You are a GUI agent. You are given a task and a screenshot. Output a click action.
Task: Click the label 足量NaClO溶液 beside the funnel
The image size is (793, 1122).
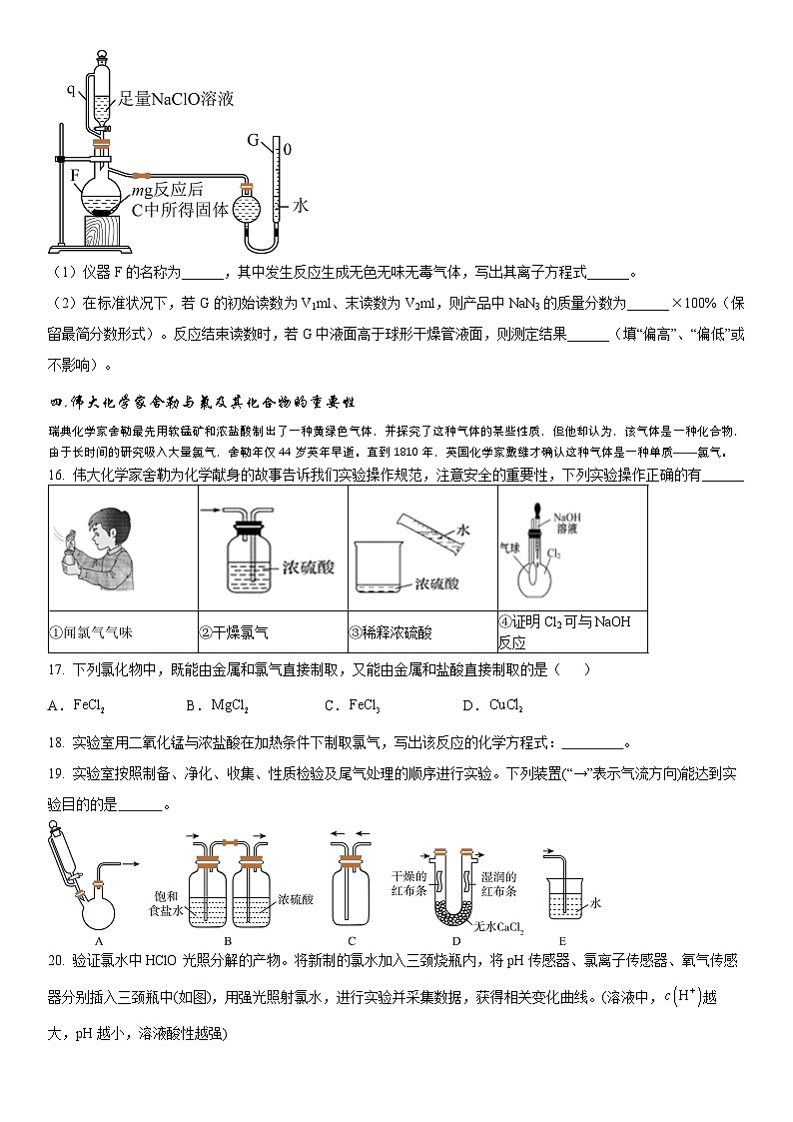(176, 98)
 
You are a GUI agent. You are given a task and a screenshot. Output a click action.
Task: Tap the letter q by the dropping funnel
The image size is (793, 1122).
(71, 90)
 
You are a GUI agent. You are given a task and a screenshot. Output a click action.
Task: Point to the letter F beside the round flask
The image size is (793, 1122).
(75, 175)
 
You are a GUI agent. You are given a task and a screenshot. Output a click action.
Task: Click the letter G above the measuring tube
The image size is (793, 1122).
(253, 138)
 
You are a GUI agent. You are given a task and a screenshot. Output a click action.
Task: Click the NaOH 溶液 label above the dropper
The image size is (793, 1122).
(565, 524)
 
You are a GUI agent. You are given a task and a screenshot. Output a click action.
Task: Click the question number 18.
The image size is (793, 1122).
(56, 742)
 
